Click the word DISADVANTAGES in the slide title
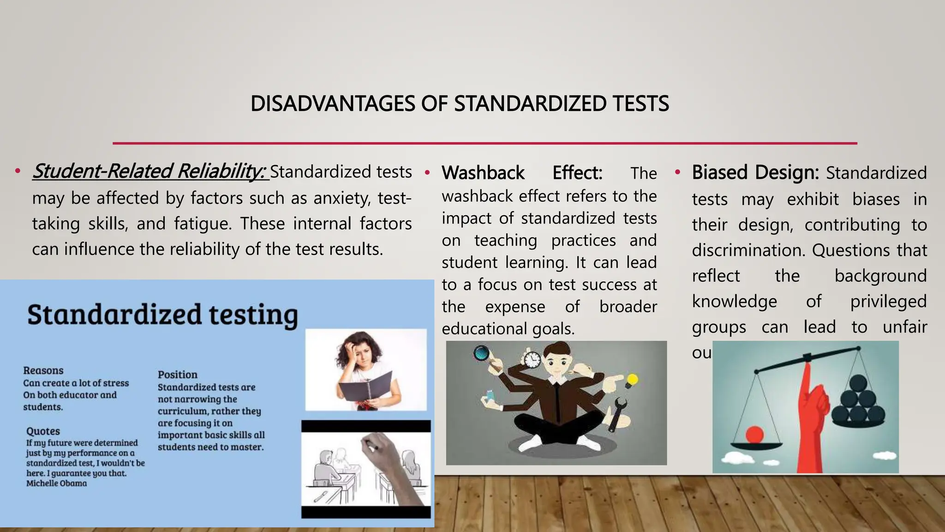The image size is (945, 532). [x=333, y=103]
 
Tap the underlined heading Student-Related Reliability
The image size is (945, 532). [x=149, y=171]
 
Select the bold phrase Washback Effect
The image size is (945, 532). [x=522, y=173]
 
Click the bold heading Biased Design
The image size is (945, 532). [x=755, y=173]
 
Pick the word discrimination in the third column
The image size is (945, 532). [x=748, y=250]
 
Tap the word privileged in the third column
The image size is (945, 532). [x=888, y=302]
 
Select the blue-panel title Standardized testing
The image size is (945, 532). [x=162, y=315]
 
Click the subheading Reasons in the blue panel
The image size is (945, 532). [x=43, y=370]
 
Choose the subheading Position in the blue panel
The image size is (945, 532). [x=177, y=375]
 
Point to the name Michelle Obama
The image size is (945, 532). [x=56, y=484]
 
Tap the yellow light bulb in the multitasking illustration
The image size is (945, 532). [x=631, y=381]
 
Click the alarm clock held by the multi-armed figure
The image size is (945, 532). [x=532, y=359]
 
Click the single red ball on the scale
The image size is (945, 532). [x=755, y=435]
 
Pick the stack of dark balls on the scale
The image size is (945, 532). [x=859, y=402]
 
